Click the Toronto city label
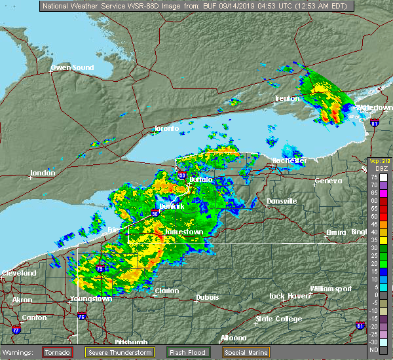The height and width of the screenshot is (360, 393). pos(167,129)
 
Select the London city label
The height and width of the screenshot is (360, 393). pos(43,173)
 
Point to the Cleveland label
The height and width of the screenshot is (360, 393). pos(18,273)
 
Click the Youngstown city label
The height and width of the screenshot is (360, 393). pos(90,299)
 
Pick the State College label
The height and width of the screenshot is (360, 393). pos(278,319)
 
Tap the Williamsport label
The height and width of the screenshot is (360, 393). pos(331,289)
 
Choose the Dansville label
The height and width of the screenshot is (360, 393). pos(282,201)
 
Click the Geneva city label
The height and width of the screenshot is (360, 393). pos(328,181)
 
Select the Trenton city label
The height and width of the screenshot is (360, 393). pos(287,99)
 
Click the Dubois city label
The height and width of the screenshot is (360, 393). pos(208,298)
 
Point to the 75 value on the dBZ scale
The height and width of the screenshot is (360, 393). pos(374,177)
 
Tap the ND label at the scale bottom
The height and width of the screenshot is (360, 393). pos(374,349)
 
